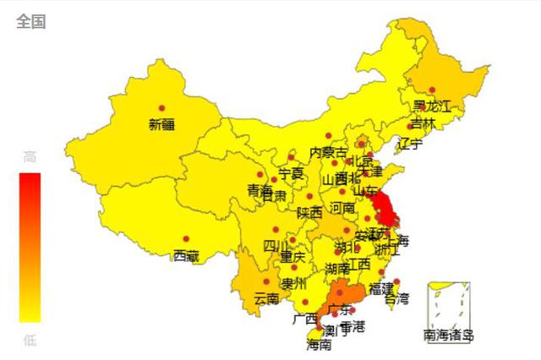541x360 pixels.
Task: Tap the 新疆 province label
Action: (x=161, y=124)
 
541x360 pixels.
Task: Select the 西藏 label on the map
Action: (x=186, y=255)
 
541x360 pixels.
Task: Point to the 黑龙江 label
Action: (x=431, y=106)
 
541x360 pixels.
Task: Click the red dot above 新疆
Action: (x=161, y=106)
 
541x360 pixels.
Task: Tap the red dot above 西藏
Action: (x=186, y=238)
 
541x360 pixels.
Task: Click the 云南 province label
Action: (x=266, y=298)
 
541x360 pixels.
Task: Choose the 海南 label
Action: (x=319, y=344)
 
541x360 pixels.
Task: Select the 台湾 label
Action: (x=396, y=298)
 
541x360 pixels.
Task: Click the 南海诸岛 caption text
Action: (x=449, y=335)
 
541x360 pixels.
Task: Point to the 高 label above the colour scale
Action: (x=30, y=156)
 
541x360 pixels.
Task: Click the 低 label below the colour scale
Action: (x=30, y=340)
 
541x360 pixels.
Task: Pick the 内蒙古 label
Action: (x=328, y=152)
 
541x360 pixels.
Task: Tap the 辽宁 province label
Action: (x=409, y=144)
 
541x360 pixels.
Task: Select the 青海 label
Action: (x=260, y=190)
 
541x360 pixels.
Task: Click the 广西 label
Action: (x=304, y=319)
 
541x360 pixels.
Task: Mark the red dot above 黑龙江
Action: (x=432, y=90)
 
